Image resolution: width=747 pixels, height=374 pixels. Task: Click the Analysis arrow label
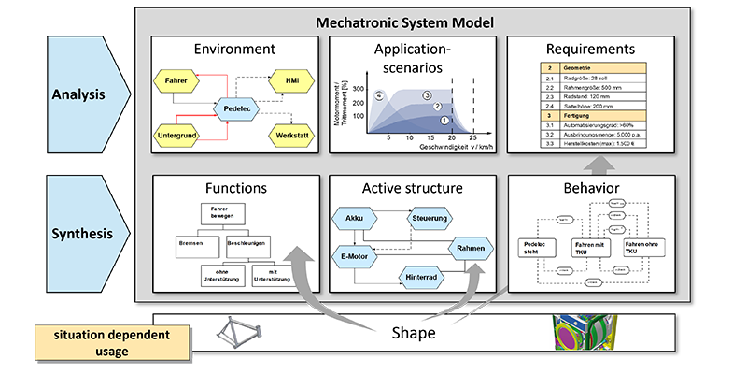point(78,93)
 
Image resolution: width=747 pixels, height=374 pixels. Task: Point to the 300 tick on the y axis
point(358,87)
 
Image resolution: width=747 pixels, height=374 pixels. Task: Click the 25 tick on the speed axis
point(473,137)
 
